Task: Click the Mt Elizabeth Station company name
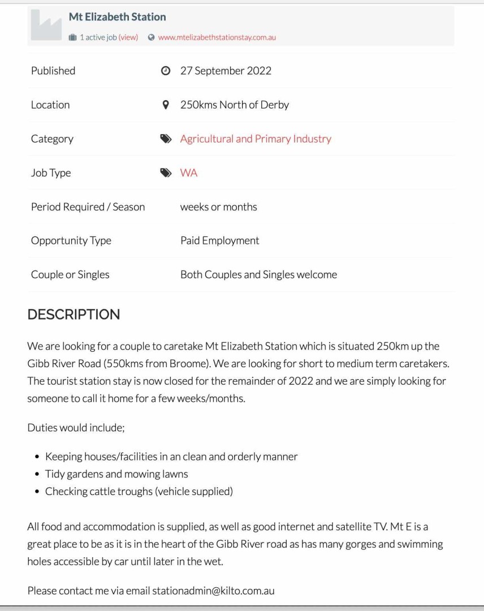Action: (117, 17)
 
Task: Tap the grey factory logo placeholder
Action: (46, 26)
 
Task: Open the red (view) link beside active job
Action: (128, 37)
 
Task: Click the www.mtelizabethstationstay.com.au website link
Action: (217, 37)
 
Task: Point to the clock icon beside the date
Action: (166, 71)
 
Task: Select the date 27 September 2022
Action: (226, 71)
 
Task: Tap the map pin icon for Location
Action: (166, 105)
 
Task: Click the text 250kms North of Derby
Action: (234, 105)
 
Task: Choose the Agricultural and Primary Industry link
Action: (256, 139)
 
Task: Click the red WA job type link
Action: (189, 173)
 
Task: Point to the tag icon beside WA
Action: (166, 173)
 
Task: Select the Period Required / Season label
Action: (88, 206)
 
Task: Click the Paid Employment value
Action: (219, 240)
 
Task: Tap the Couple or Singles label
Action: (70, 274)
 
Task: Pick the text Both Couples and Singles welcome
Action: (258, 274)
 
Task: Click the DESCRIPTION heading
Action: (74, 315)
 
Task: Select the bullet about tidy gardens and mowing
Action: (116, 474)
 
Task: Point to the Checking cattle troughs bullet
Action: (139, 491)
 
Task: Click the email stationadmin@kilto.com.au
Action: (213, 591)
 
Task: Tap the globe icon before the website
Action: (151, 37)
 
